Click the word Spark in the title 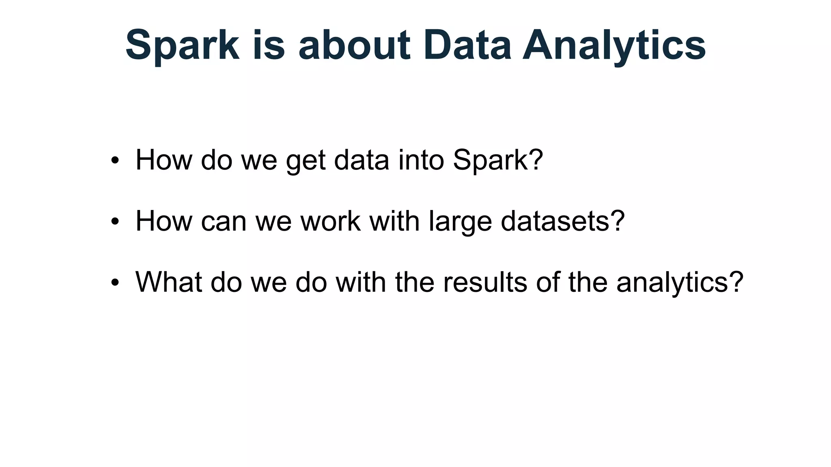point(182,45)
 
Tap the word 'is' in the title point(269,45)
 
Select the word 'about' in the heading point(354,45)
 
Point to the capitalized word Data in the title point(467,45)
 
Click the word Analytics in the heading point(614,45)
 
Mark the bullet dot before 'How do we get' point(115,161)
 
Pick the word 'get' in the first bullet point(306,161)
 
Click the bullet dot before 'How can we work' point(115,222)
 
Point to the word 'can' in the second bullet point(224,222)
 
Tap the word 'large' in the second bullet point(460,222)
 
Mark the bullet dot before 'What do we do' point(115,283)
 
